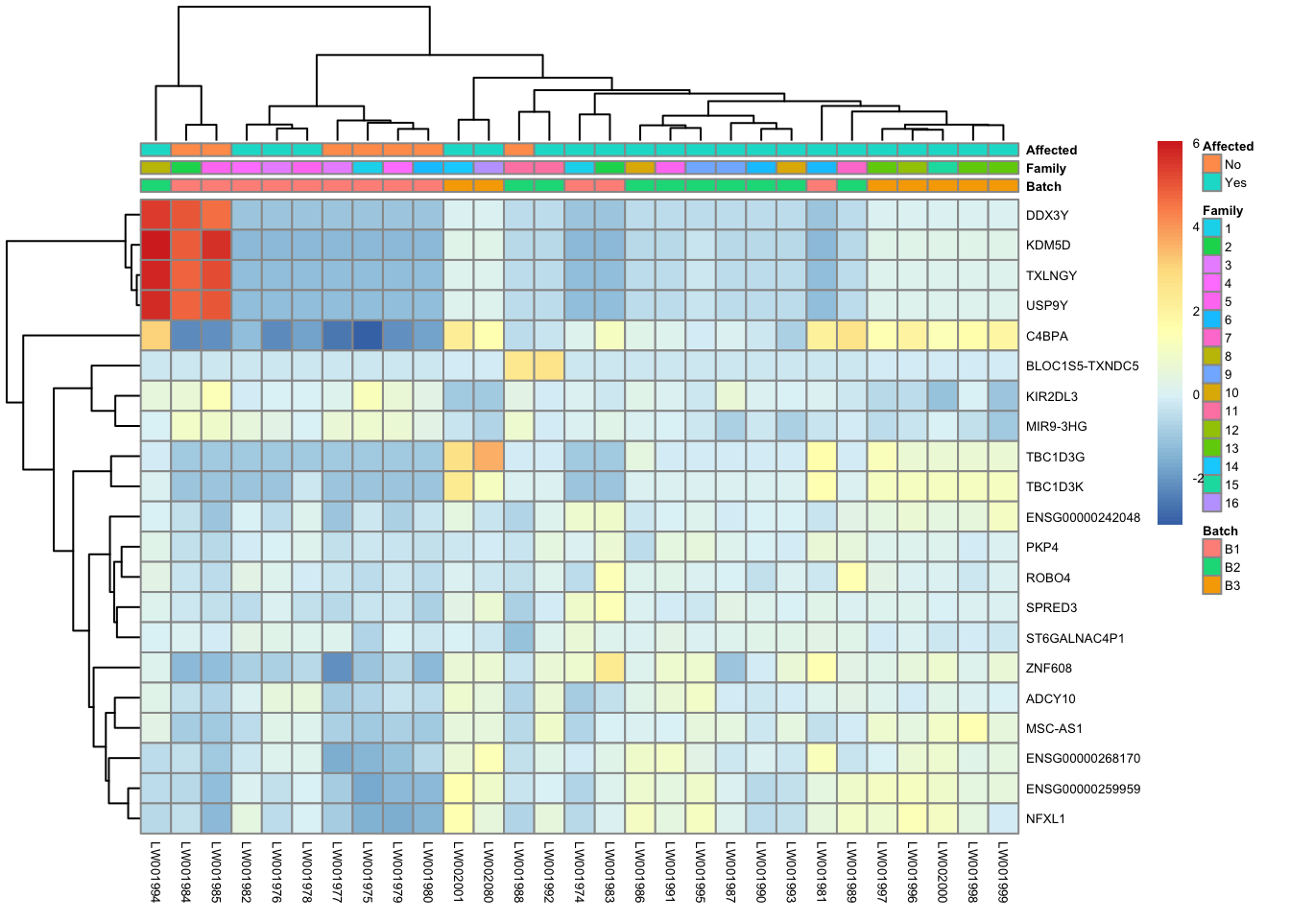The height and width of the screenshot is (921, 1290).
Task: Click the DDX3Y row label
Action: coord(1046,215)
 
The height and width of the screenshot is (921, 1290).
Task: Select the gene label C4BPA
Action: coord(1046,336)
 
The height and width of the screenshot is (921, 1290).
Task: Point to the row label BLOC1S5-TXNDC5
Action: coord(1082,366)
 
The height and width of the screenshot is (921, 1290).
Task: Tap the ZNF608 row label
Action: coord(1048,668)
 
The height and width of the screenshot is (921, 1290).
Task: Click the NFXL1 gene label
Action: coord(1045,818)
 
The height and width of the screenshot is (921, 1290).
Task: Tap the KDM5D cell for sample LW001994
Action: coord(155,245)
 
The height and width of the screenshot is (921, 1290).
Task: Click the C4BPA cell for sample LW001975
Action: coord(368,336)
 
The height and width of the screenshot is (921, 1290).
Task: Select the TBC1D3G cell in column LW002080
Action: coord(489,457)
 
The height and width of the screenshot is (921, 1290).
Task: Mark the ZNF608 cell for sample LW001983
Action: coord(609,668)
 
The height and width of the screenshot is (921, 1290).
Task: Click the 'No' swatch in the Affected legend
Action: coord(1211,164)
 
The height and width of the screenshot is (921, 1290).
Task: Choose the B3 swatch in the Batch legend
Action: coord(1211,585)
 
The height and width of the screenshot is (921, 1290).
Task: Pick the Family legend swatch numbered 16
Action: coord(1211,503)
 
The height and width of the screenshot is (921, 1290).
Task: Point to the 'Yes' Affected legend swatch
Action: coord(1211,182)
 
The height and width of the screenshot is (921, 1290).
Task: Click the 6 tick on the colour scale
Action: coord(1196,143)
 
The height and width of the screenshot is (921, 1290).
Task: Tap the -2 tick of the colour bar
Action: coord(1197,478)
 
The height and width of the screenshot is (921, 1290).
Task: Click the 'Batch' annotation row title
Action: coord(1043,186)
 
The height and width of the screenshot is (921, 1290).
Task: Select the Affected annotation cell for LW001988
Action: coord(518,150)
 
